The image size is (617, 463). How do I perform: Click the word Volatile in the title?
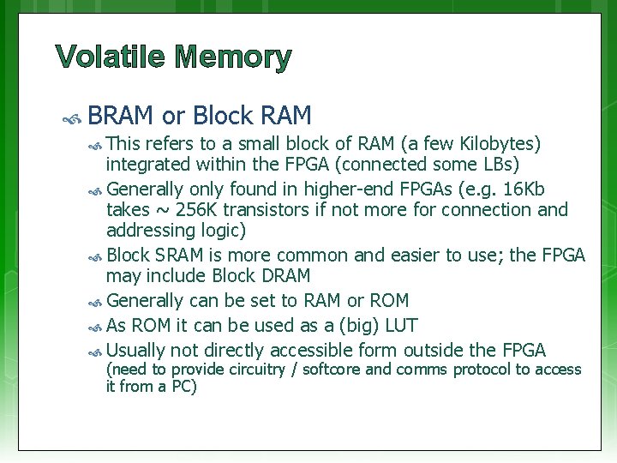[109, 58]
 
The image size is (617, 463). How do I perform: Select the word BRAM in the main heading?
[121, 115]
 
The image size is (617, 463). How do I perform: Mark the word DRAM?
[282, 276]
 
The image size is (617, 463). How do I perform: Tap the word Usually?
[135, 350]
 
